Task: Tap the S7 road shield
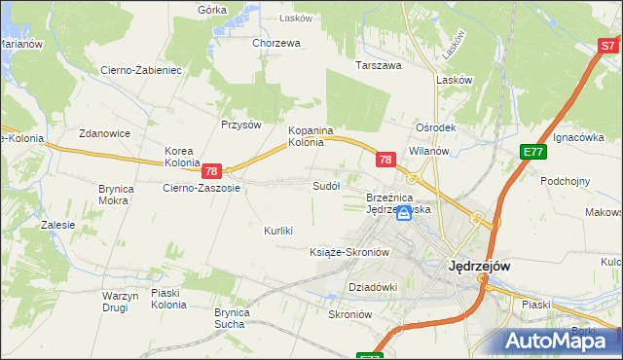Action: tap(608, 45)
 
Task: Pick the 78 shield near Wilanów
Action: tap(385, 160)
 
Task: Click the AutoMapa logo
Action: tap(558, 341)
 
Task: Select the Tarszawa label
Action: tap(379, 66)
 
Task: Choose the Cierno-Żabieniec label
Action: tap(141, 70)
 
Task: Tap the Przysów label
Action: tap(241, 125)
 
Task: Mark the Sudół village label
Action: tap(325, 185)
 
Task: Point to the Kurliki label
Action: tap(279, 231)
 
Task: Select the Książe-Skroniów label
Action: tap(348, 252)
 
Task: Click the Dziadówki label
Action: tap(374, 287)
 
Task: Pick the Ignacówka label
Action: tap(580, 138)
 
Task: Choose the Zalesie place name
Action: tap(58, 225)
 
